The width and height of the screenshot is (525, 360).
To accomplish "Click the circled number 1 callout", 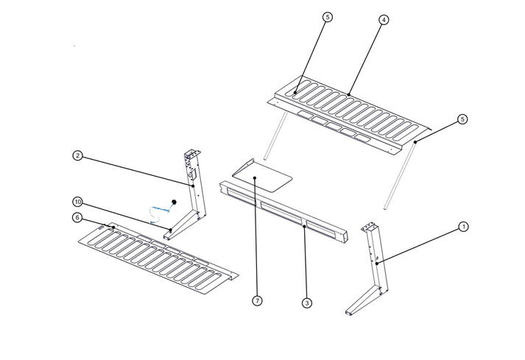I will pyautogui.click(x=463, y=227).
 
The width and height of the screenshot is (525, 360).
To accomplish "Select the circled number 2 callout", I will pyautogui.click(x=77, y=155).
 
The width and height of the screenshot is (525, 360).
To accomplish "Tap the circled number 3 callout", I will pyautogui.click(x=306, y=303).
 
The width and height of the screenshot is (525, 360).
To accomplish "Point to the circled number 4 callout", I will pyautogui.click(x=384, y=20).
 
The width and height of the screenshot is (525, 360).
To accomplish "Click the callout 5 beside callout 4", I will pyautogui.click(x=328, y=17).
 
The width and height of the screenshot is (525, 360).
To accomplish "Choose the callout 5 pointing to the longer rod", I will pyautogui.click(x=462, y=119).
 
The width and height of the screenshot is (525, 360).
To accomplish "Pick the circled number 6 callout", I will pyautogui.click(x=77, y=217).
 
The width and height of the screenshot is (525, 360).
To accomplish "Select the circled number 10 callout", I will pyautogui.click(x=77, y=202).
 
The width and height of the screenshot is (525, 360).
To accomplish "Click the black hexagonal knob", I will pyautogui.click(x=175, y=200).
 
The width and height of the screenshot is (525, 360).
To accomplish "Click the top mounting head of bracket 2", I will pyautogui.click(x=191, y=157).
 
